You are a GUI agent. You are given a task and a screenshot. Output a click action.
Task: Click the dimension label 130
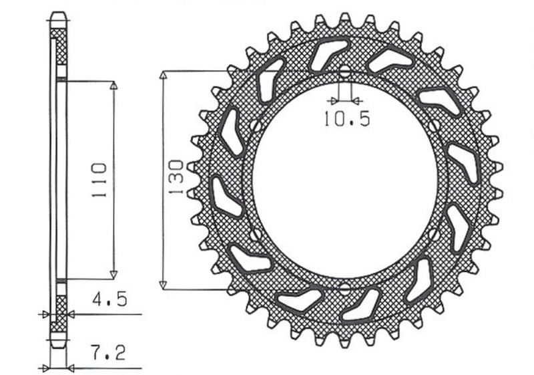click(177, 178)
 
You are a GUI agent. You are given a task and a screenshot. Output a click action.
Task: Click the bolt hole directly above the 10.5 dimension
click(344, 72)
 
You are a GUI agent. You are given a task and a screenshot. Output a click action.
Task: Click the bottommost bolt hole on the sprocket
click(344, 289)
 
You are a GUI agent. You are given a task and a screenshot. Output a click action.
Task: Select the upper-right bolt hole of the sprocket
click(435, 125)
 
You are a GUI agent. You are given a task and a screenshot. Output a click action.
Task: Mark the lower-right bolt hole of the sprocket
click(435, 235)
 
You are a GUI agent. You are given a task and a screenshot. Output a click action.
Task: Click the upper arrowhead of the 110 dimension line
click(113, 86)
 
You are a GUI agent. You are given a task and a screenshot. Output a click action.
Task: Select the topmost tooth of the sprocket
click(344, 18)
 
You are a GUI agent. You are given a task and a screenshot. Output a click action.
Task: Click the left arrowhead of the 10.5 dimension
click(332, 101)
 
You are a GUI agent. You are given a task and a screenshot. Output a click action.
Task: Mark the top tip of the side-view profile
click(59, 13)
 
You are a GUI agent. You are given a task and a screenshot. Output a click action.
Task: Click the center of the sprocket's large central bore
click(344, 180)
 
